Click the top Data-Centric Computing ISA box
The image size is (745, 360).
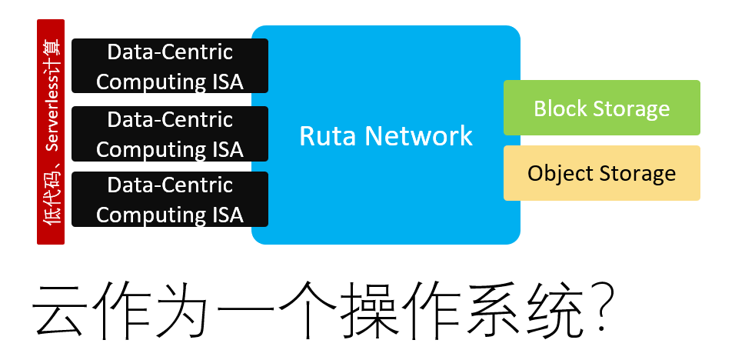169,66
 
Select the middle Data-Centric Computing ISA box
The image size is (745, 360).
169,134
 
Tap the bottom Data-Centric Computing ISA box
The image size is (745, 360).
169,199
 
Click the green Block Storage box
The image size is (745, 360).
601,108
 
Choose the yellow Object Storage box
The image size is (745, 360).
601,173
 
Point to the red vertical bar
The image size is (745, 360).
51,132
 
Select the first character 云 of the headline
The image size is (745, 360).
59,312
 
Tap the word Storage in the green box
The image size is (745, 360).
634,108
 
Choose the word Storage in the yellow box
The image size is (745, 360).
638,173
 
